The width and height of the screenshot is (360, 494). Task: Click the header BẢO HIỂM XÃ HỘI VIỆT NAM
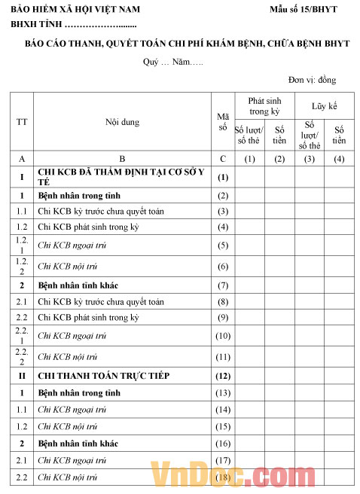click(75, 9)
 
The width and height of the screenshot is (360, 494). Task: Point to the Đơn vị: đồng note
click(312, 80)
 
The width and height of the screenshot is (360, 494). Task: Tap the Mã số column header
click(222, 121)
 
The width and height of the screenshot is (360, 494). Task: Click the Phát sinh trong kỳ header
click(264, 105)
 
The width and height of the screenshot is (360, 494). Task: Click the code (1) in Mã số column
click(222, 178)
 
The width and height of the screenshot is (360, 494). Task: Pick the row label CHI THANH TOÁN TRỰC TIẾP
click(103, 375)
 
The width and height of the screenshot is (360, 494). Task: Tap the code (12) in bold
click(222, 375)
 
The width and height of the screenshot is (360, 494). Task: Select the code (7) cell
click(222, 285)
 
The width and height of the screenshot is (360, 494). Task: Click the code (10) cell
click(222, 336)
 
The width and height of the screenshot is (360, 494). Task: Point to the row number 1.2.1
click(22, 245)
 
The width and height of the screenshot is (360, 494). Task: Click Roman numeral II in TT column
click(22, 375)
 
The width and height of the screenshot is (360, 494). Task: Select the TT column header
click(22, 121)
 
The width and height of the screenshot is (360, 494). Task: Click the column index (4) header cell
click(339, 159)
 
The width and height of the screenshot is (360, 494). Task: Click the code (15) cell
click(222, 426)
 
